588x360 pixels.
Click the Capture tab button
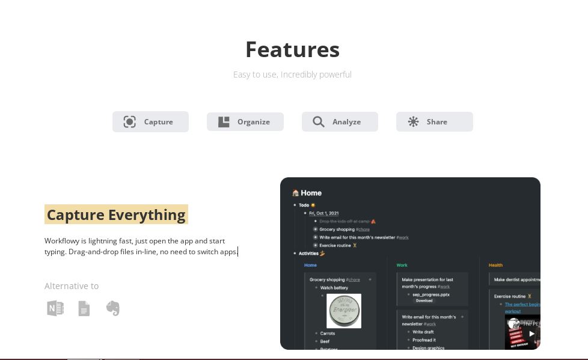(x=150, y=121)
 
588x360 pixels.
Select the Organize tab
(x=245, y=121)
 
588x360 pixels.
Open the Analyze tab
(x=340, y=121)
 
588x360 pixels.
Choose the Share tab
(x=434, y=121)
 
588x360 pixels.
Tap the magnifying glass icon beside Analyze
(x=319, y=122)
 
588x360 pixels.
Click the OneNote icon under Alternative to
(x=55, y=308)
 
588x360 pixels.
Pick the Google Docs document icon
(x=84, y=308)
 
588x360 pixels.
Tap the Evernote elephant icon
(x=113, y=308)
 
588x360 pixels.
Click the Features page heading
(x=292, y=49)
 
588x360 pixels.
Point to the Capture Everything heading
(x=116, y=215)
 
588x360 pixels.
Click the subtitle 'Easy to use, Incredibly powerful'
(x=292, y=75)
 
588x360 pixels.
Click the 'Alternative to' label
(x=72, y=286)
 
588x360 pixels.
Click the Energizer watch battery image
(x=344, y=311)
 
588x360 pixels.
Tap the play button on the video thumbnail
(x=531, y=334)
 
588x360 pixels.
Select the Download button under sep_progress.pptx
(x=424, y=301)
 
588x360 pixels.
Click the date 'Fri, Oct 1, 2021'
(x=324, y=213)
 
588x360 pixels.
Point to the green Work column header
(x=402, y=265)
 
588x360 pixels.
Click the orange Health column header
(x=495, y=265)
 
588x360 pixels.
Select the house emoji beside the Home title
(x=296, y=193)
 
